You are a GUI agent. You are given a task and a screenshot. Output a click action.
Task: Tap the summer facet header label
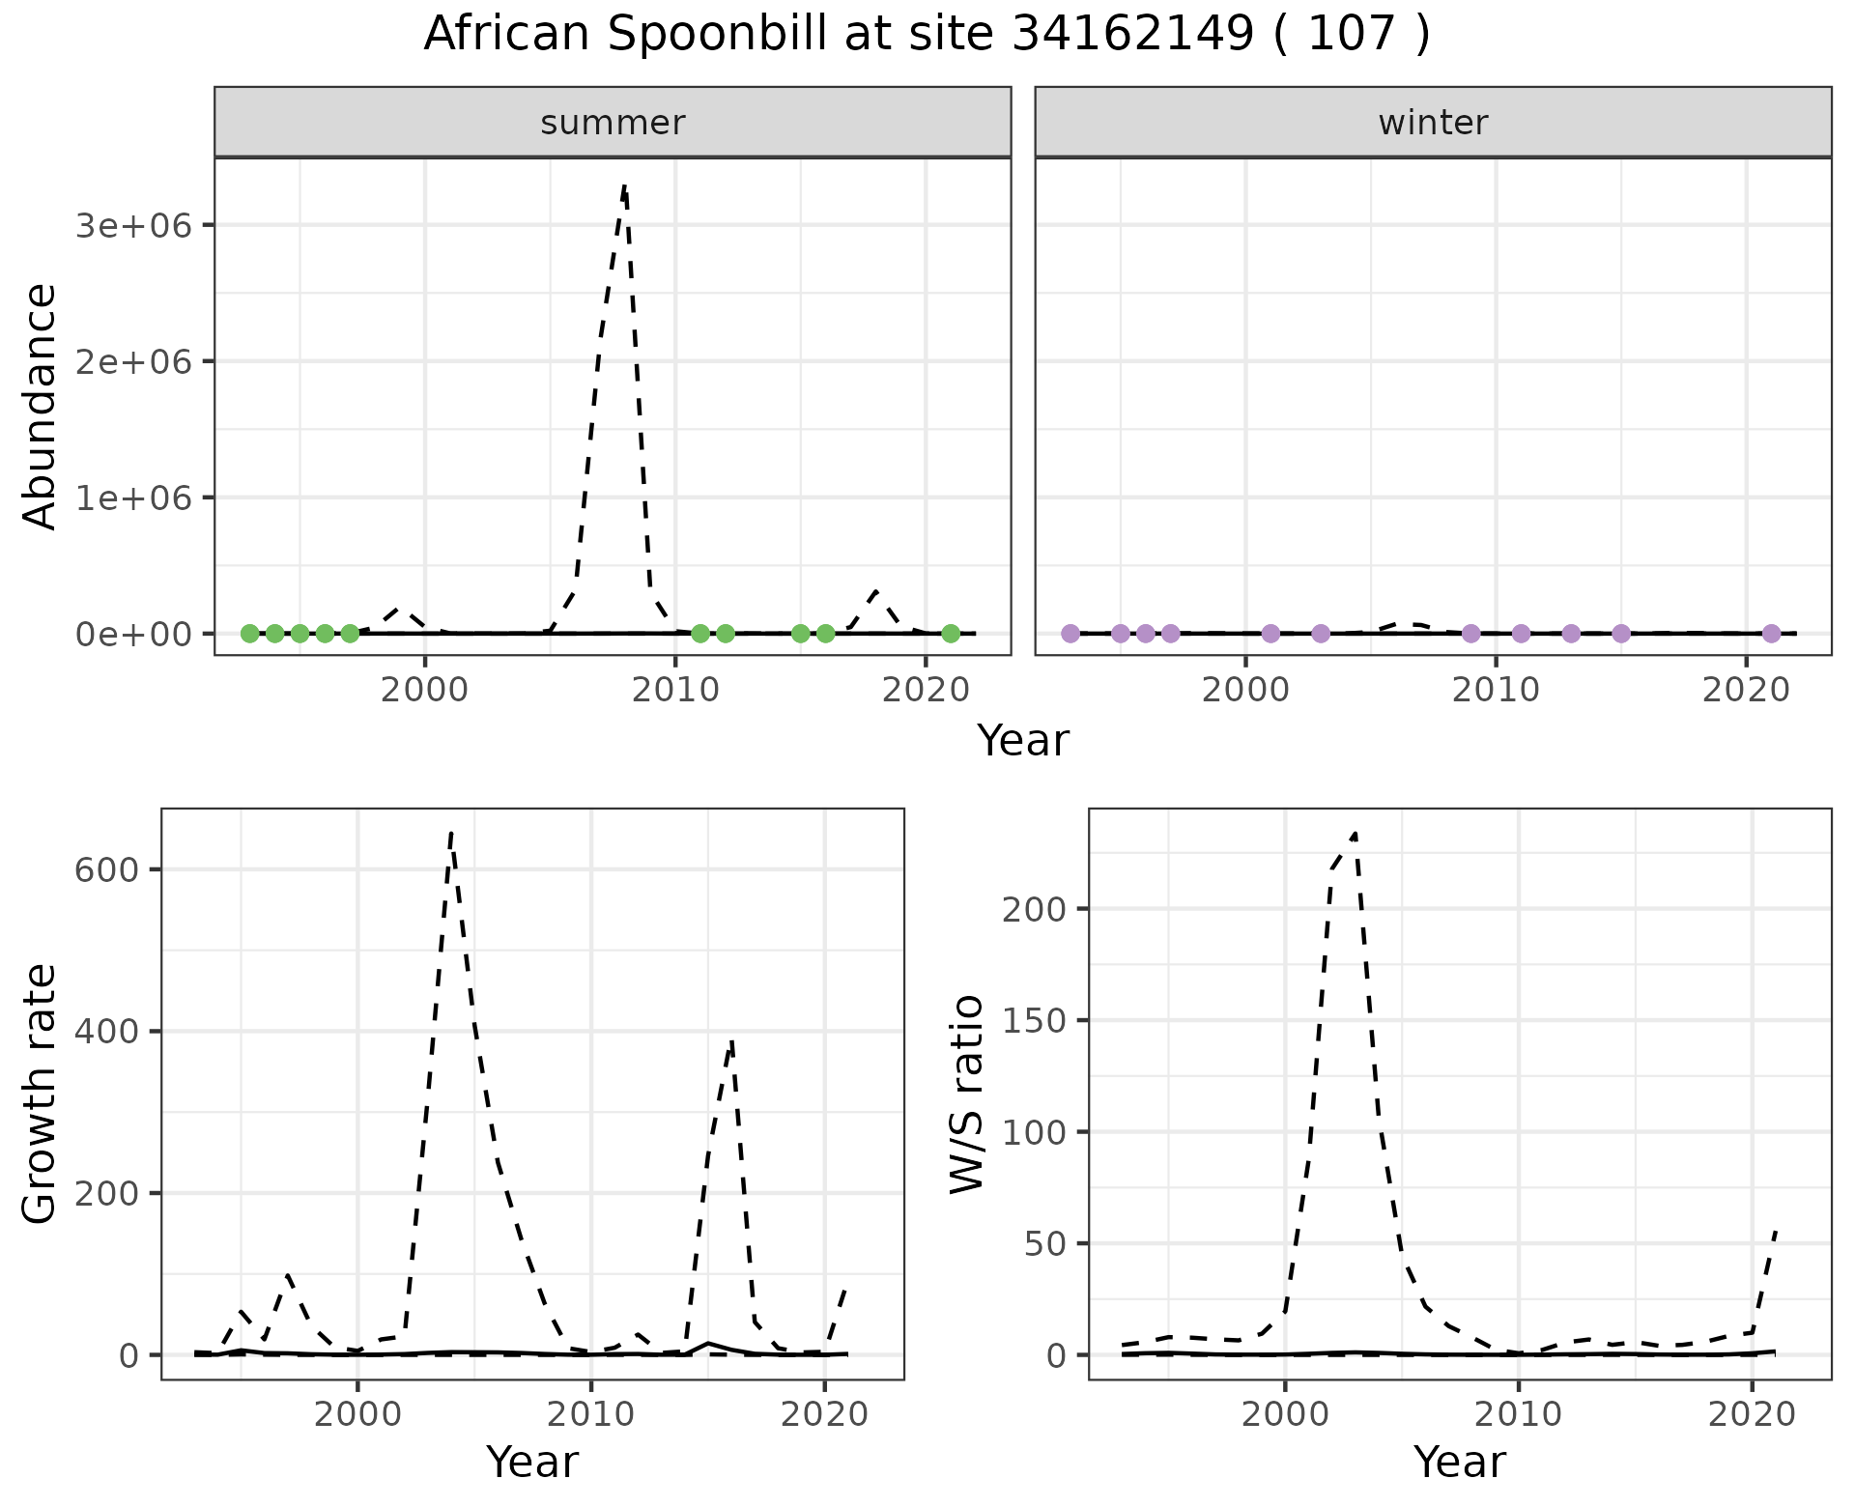(x=613, y=123)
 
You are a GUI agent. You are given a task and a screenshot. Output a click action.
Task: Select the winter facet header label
(x=1433, y=123)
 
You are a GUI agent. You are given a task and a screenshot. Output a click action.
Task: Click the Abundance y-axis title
(x=41, y=406)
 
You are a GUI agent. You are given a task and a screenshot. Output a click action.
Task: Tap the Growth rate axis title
(x=41, y=1094)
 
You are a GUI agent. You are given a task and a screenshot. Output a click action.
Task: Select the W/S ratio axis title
(x=966, y=1094)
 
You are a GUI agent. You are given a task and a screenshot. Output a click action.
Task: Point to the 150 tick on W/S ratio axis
(x=1033, y=1020)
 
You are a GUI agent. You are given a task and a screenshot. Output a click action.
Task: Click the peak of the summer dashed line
(x=625, y=186)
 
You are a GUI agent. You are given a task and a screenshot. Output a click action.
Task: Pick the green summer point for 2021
(x=951, y=634)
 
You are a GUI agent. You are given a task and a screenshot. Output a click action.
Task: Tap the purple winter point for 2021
(x=1771, y=634)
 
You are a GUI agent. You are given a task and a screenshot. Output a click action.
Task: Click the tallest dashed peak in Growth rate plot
(x=451, y=833)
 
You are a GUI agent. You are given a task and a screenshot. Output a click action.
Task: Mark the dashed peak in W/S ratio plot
(x=1356, y=833)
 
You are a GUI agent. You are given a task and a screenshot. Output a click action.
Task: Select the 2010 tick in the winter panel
(x=1496, y=690)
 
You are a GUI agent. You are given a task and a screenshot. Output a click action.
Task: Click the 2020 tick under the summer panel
(x=926, y=690)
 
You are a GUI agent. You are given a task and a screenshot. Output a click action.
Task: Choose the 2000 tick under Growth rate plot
(x=357, y=1414)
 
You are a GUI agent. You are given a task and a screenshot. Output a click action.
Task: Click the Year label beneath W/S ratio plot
(x=1459, y=1462)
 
